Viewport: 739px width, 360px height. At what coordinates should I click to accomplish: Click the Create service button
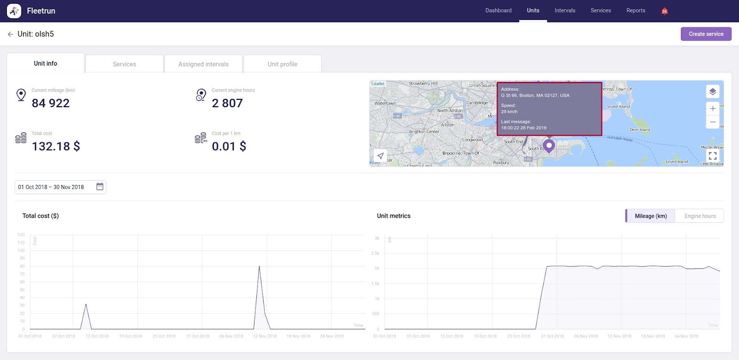pos(706,34)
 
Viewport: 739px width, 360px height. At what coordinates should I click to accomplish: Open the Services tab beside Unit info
pos(124,64)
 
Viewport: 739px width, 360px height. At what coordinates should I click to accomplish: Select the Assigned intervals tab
pos(203,64)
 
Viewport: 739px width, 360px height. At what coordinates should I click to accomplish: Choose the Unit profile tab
pos(282,64)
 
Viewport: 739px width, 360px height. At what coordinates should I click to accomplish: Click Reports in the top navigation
pos(636,10)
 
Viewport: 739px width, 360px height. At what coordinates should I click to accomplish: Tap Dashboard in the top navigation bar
pos(498,10)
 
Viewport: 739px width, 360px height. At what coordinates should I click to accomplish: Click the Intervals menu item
pos(565,10)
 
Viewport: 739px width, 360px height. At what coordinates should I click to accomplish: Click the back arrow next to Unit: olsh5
pos(10,34)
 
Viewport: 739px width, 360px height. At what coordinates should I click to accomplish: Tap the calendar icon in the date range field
pos(100,186)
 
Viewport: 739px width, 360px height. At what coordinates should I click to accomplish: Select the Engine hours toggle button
pos(700,216)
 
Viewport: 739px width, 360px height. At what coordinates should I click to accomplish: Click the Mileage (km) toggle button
pos(650,216)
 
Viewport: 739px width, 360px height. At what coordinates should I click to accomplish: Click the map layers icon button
pos(713,92)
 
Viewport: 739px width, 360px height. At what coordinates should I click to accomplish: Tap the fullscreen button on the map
pos(713,156)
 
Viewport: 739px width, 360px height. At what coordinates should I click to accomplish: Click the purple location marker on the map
pos(549,146)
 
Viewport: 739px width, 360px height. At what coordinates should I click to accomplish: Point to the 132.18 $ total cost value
pos(56,146)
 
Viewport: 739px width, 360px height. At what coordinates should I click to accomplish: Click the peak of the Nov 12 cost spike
pos(259,266)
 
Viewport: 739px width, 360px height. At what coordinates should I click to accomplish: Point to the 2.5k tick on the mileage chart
pos(375,253)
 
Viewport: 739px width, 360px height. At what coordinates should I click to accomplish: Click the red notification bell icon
pos(665,11)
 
